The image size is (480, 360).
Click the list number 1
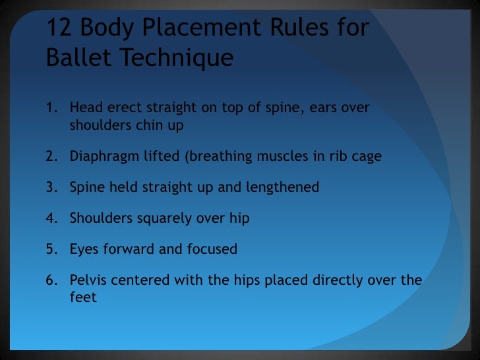(x=51, y=107)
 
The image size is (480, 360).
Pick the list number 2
(x=51, y=156)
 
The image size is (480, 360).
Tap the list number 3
(x=51, y=187)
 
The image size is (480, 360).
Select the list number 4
(x=51, y=218)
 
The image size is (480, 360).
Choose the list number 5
(x=51, y=249)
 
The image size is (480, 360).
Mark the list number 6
(x=51, y=280)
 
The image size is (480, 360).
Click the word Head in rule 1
(x=84, y=107)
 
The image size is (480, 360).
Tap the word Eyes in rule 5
(x=83, y=249)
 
